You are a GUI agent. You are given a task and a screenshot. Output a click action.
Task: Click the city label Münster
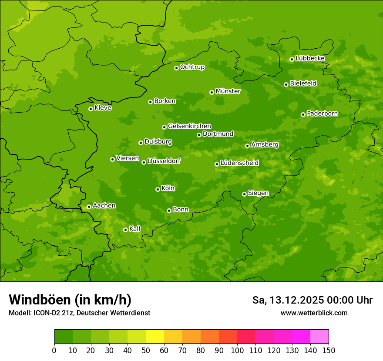point(228,91)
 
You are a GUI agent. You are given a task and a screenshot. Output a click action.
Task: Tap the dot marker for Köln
point(158,189)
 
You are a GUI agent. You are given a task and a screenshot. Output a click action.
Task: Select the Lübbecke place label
point(310,58)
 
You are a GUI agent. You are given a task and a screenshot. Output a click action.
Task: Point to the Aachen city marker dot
point(89,207)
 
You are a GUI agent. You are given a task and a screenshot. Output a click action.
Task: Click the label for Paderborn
point(322,114)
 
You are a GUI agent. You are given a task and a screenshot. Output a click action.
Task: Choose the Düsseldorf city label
point(164,161)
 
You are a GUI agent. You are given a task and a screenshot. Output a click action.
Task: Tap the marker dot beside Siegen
point(244,194)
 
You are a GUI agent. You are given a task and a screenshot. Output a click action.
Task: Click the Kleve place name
point(103,108)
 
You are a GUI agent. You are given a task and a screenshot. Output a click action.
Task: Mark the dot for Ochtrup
point(176,68)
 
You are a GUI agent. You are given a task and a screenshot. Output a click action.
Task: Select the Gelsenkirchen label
point(189,126)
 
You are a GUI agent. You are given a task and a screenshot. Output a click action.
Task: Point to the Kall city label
point(134,229)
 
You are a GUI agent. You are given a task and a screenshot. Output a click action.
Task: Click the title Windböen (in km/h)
point(70,300)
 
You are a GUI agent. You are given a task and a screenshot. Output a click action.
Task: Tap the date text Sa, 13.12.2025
point(287,300)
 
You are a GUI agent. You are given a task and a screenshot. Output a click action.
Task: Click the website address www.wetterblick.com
point(314,313)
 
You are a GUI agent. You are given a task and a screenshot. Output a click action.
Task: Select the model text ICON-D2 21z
point(51,313)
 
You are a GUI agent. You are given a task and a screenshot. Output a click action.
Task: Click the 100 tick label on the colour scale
point(237,350)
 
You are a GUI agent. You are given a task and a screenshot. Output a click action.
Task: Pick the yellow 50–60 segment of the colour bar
point(155,337)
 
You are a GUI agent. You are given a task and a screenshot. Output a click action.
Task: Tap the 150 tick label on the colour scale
point(329,350)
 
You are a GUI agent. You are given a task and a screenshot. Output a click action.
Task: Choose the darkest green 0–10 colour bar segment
point(64,337)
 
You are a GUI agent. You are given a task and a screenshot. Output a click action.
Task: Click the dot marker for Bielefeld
point(286,84)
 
